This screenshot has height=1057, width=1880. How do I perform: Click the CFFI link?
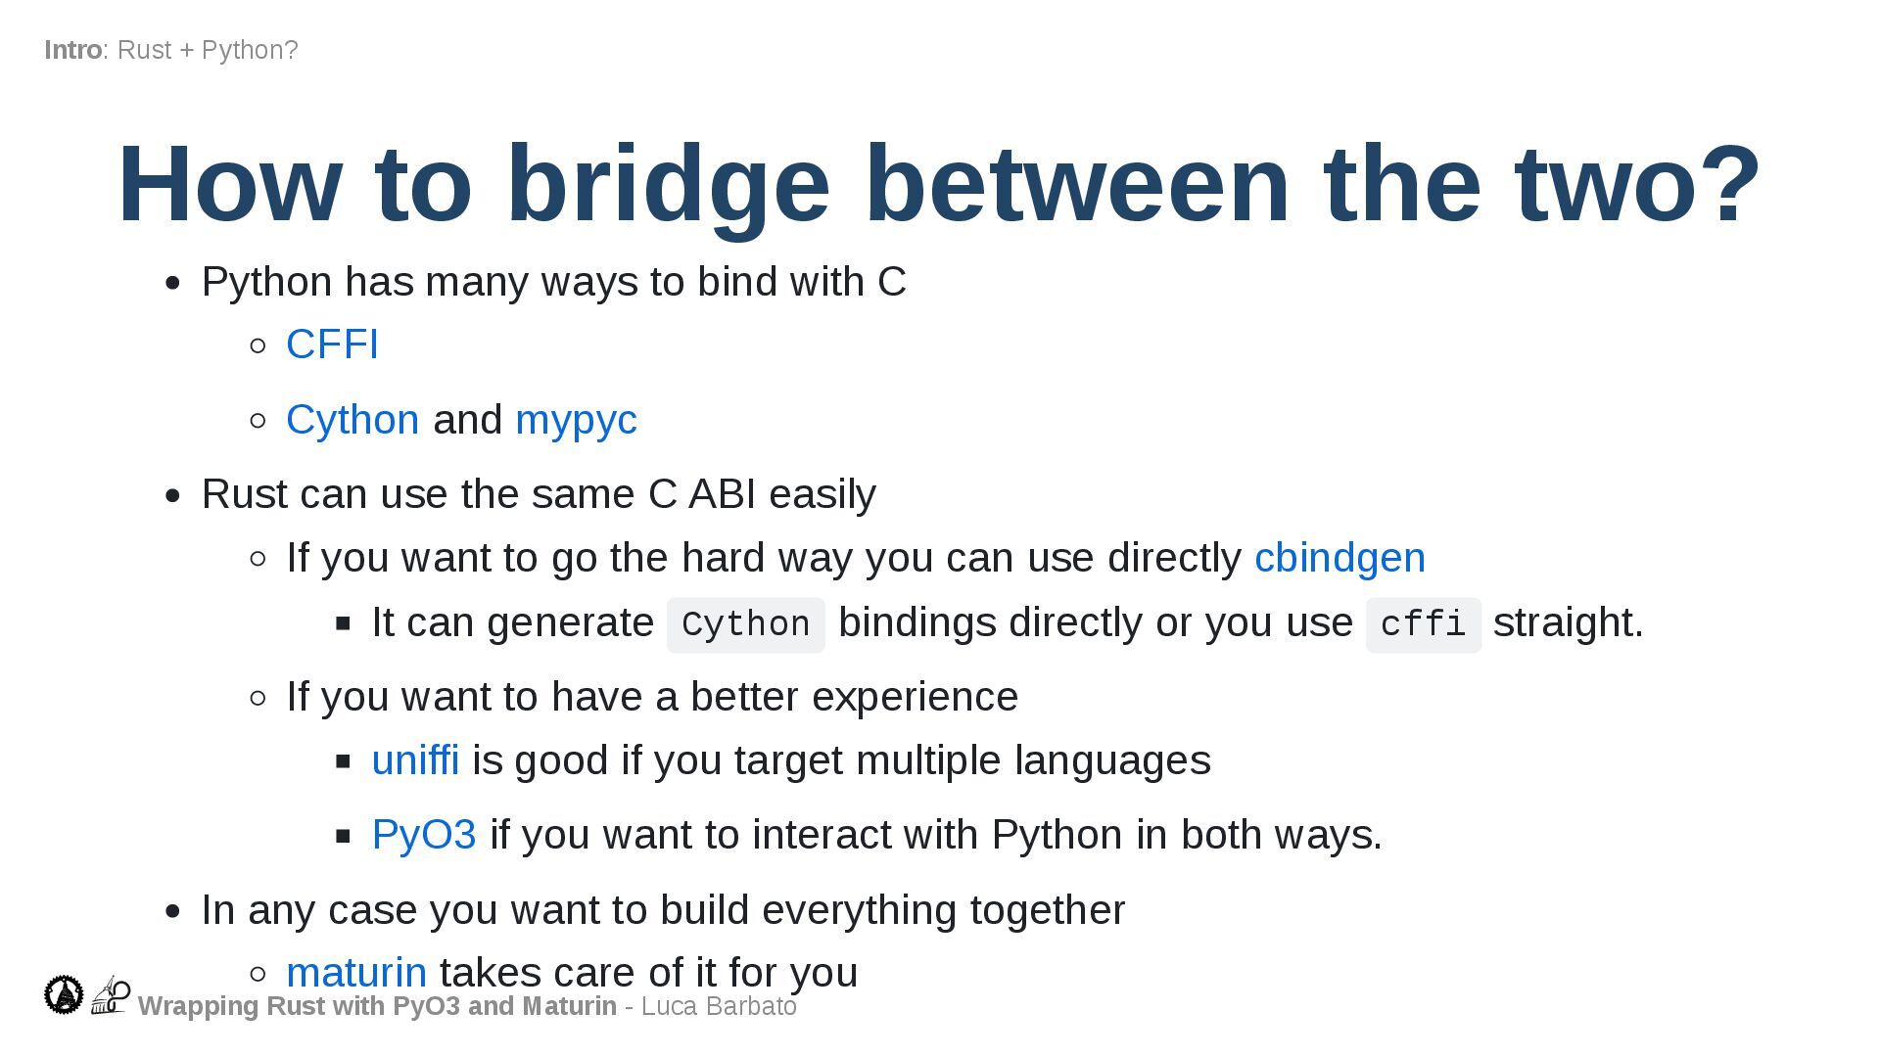pyautogui.click(x=332, y=345)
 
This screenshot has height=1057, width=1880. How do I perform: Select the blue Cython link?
pyautogui.click(x=352, y=420)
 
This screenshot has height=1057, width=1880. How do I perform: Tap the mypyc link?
pyautogui.click(x=576, y=420)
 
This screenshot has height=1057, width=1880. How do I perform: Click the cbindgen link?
pyautogui.click(x=1339, y=558)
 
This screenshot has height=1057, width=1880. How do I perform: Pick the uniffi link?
pyautogui.click(x=415, y=760)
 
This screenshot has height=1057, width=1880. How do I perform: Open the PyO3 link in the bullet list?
pyautogui.click(x=424, y=835)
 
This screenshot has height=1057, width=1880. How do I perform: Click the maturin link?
pyautogui.click(x=356, y=973)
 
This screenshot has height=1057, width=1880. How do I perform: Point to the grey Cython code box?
pyautogui.click(x=745, y=624)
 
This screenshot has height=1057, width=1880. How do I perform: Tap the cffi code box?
pyautogui.click(x=1423, y=624)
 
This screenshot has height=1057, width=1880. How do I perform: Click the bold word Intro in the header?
pyautogui.click(x=72, y=50)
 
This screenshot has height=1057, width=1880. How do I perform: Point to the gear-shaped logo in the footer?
pyautogui.click(x=65, y=994)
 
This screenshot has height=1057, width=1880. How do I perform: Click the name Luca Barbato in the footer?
pyautogui.click(x=719, y=1006)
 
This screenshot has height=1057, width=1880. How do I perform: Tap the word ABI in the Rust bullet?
pyautogui.click(x=722, y=494)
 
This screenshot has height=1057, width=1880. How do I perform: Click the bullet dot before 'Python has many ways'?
pyautogui.click(x=173, y=284)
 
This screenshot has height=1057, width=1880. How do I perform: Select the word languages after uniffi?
pyautogui.click(x=1112, y=760)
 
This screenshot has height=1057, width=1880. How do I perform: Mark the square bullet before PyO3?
pyautogui.click(x=343, y=836)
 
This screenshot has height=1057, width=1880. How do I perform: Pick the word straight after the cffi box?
pyautogui.click(x=1568, y=622)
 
